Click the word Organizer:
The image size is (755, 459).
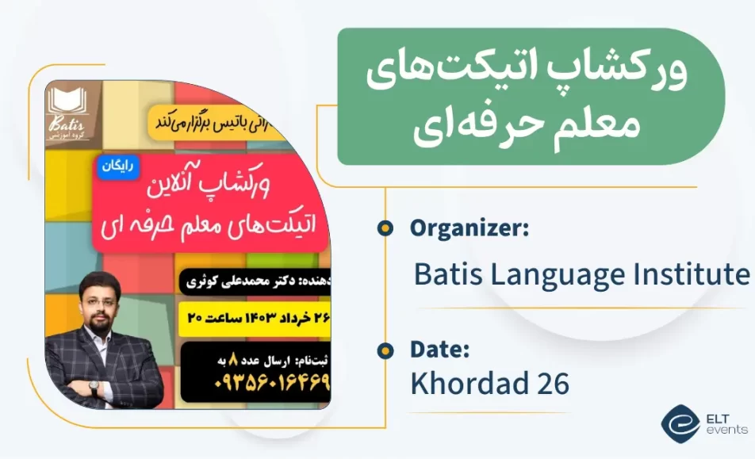(469, 228)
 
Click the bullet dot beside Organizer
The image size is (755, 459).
(385, 228)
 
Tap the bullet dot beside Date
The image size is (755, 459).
(385, 350)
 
